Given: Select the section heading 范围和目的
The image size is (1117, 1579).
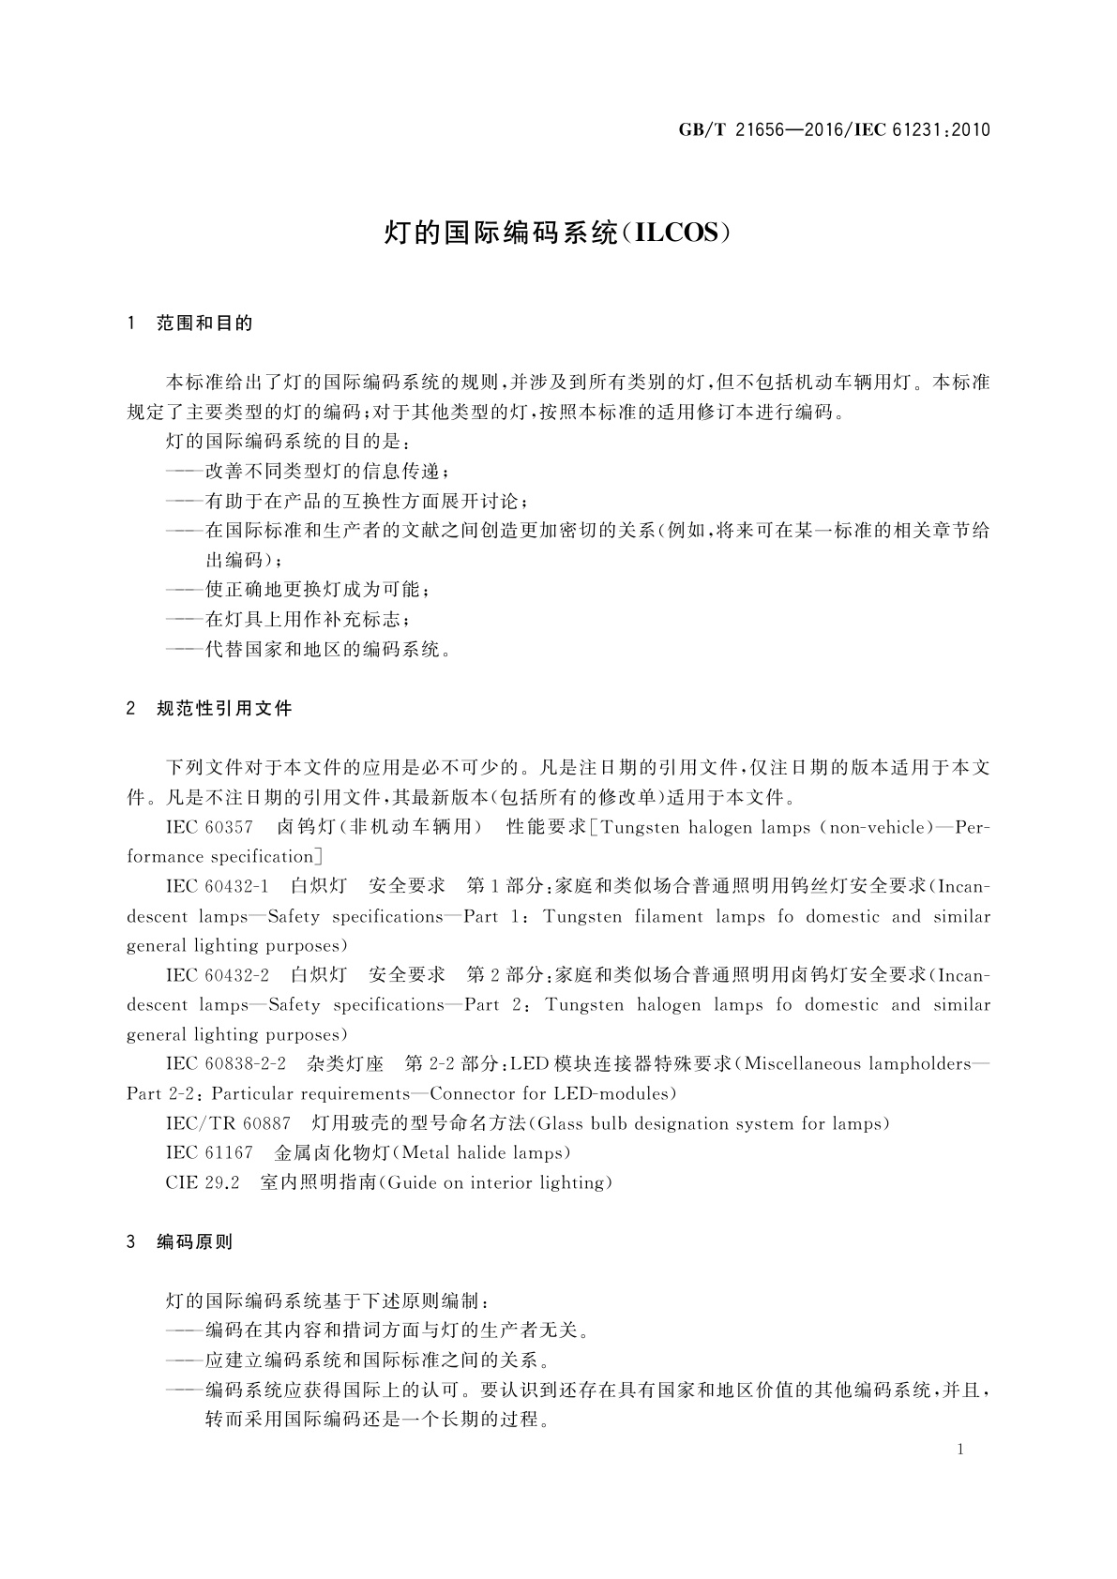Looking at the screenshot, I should [x=204, y=323].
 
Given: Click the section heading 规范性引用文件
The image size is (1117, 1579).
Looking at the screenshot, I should [x=224, y=709].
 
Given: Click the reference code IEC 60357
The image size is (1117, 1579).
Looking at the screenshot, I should [x=209, y=827].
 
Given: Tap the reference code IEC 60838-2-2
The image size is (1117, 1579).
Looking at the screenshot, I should [x=225, y=1064].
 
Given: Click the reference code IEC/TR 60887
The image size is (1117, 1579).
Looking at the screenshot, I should [x=228, y=1123].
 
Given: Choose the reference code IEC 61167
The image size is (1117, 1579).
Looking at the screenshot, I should [x=209, y=1153].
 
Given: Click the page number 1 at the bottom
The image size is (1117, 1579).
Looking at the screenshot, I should [x=960, y=1450].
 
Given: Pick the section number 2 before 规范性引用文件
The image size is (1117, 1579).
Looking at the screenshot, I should [x=130, y=709].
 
